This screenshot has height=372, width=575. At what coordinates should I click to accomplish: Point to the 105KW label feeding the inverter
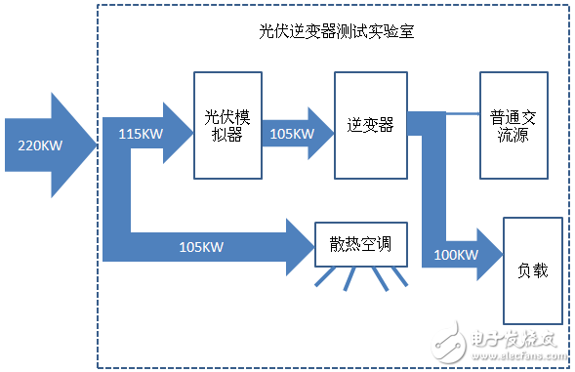tap(292, 133)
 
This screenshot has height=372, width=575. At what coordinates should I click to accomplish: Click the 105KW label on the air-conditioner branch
tap(201, 246)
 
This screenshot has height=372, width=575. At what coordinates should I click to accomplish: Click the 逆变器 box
tap(370, 126)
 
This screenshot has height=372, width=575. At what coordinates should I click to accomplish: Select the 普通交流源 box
tap(513, 125)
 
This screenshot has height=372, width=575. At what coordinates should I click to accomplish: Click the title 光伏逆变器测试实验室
tap(337, 31)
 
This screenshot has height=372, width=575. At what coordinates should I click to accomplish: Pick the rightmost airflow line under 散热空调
tap(400, 281)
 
